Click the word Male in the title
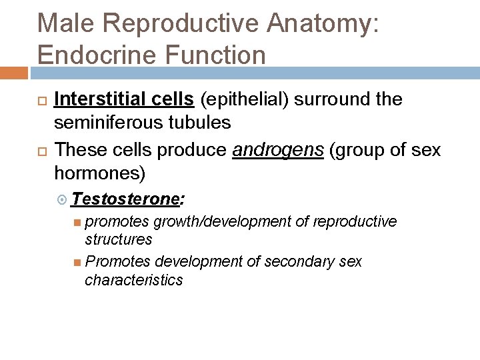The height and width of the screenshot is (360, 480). tap(68, 23)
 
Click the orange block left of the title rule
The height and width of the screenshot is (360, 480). tap(13, 72)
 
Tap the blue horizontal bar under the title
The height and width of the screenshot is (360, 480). tap(253, 72)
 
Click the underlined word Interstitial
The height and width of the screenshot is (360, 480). tap(93, 99)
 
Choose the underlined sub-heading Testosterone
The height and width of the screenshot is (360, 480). tap(126, 199)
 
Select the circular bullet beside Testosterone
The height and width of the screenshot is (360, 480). tap(63, 199)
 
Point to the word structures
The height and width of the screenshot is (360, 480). tap(119, 239)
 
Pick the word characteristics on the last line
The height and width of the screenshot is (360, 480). tap(133, 279)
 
